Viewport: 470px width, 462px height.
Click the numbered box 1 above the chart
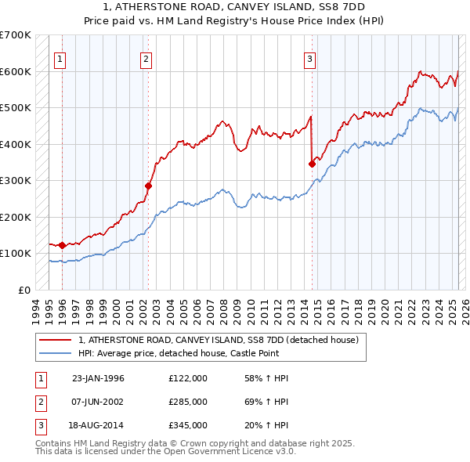[60, 57]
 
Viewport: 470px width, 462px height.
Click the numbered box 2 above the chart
[146, 57]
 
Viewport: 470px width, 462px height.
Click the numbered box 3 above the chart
[309, 57]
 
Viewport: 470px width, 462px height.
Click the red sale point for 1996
[62, 245]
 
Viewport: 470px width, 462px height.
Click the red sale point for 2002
[147, 186]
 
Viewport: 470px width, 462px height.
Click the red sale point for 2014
[312, 164]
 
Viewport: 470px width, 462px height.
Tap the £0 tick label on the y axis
[23, 290]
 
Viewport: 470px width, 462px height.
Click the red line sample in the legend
[56, 340]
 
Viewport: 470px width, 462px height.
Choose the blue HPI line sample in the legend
[56, 353]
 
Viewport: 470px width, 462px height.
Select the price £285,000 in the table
[188, 402]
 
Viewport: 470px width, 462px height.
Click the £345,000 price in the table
[188, 425]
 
